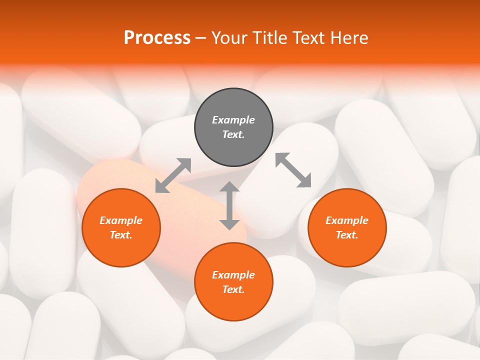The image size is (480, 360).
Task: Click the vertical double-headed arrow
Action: (x=229, y=206)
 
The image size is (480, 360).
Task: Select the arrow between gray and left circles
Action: (x=173, y=175)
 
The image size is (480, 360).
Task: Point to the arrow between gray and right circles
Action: (x=293, y=170)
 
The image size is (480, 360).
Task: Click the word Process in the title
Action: (x=157, y=37)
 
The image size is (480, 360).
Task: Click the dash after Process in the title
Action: (x=201, y=38)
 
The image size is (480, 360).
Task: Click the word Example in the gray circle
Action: (x=233, y=120)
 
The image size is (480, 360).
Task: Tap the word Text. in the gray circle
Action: (x=233, y=134)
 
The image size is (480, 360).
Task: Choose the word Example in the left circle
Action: (x=121, y=220)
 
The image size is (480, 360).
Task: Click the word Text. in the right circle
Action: (x=346, y=235)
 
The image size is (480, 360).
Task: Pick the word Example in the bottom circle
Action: (x=233, y=275)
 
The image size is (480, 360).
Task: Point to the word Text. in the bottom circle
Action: (x=233, y=289)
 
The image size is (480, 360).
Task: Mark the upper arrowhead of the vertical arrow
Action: (x=229, y=187)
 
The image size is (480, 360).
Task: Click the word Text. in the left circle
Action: (x=121, y=235)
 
